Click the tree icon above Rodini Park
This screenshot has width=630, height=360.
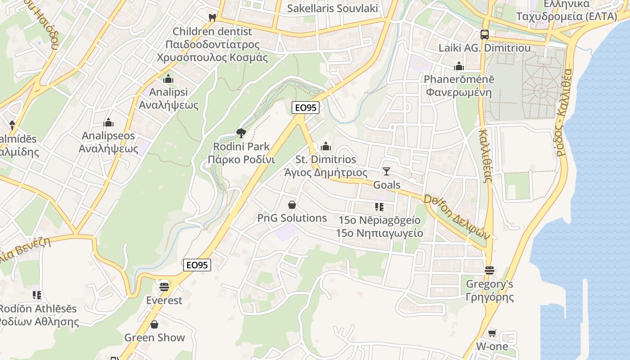click(x=241, y=133)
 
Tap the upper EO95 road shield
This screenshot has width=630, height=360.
click(x=306, y=108)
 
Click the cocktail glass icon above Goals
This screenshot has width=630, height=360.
click(x=387, y=171)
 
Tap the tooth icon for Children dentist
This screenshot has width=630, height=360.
click(x=212, y=18)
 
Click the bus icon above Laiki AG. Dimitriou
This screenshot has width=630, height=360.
click(x=484, y=34)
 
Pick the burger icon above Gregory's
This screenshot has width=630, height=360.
click(x=490, y=270)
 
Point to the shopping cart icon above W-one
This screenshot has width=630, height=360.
click(x=492, y=333)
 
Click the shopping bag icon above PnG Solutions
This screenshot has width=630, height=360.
click(x=292, y=205)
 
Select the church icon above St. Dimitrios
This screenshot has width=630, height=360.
click(x=326, y=146)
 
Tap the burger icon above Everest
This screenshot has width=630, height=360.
click(x=164, y=286)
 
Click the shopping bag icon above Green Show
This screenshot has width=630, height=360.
click(x=154, y=324)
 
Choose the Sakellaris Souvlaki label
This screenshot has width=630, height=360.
click(x=332, y=8)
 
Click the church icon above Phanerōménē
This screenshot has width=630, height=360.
click(x=459, y=66)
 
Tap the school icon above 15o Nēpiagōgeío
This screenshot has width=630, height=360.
click(x=379, y=207)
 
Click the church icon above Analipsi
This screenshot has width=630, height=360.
click(x=168, y=79)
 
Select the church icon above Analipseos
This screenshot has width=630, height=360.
click(x=108, y=122)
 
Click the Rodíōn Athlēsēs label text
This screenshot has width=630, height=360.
click(x=38, y=309)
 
